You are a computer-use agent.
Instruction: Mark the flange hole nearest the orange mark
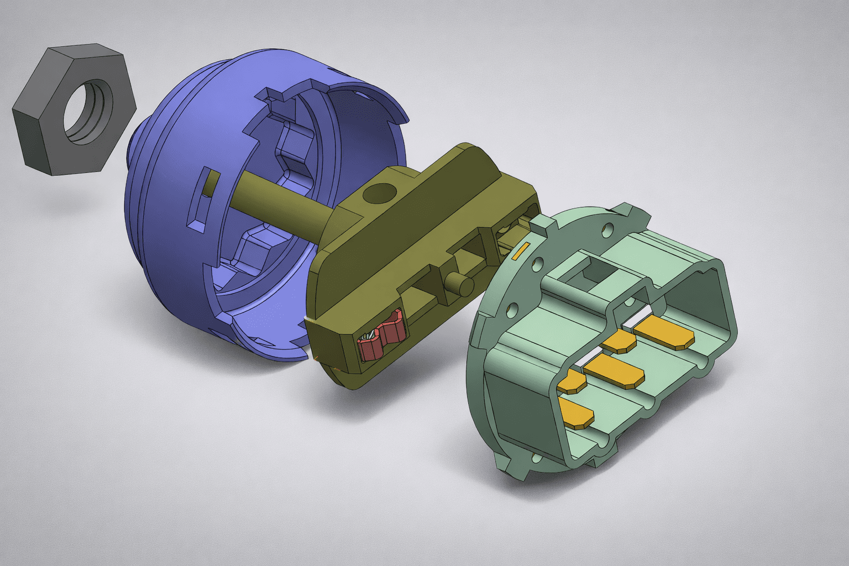click(x=536, y=264)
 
